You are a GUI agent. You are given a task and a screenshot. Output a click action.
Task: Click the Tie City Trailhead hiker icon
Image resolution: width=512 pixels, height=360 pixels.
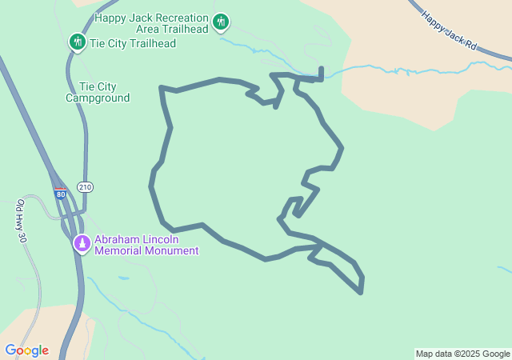(x=77, y=42)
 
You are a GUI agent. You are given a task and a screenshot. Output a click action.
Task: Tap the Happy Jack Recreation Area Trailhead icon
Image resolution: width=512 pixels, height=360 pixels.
(x=222, y=22)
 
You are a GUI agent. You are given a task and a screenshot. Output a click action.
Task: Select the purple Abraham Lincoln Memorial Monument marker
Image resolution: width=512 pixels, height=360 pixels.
(x=82, y=242)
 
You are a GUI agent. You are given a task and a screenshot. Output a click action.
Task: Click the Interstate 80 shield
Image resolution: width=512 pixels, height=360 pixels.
(x=61, y=194)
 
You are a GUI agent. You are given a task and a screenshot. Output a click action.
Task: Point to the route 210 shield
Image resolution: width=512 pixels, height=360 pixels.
(x=85, y=186)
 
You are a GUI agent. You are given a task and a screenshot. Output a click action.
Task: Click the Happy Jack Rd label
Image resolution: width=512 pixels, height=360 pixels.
(x=449, y=31)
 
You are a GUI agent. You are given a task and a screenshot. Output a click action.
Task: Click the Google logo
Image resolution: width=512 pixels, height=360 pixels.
(x=26, y=350)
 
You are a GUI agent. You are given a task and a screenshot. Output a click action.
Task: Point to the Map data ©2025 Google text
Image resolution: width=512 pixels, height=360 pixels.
(x=462, y=354)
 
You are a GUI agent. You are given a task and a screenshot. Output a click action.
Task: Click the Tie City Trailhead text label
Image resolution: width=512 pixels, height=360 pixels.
(x=134, y=42)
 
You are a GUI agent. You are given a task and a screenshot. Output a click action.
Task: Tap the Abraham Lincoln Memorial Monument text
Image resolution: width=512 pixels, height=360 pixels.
(x=146, y=245)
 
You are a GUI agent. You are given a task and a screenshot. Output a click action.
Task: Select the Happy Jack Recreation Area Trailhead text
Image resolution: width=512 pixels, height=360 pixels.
(x=152, y=22)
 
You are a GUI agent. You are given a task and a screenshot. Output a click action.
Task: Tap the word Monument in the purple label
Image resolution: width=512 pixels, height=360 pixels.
(x=172, y=250)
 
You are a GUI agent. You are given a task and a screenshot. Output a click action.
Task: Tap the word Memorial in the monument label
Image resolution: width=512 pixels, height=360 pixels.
(x=119, y=250)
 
